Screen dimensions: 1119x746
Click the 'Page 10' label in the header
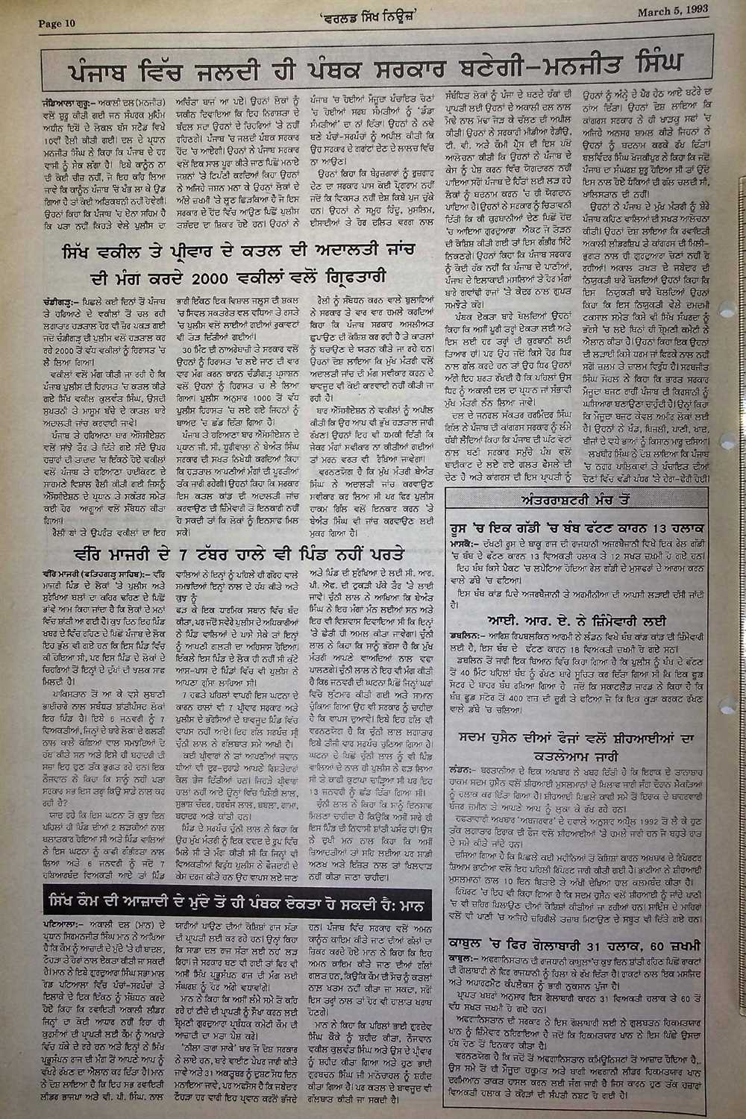coord(57,23)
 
